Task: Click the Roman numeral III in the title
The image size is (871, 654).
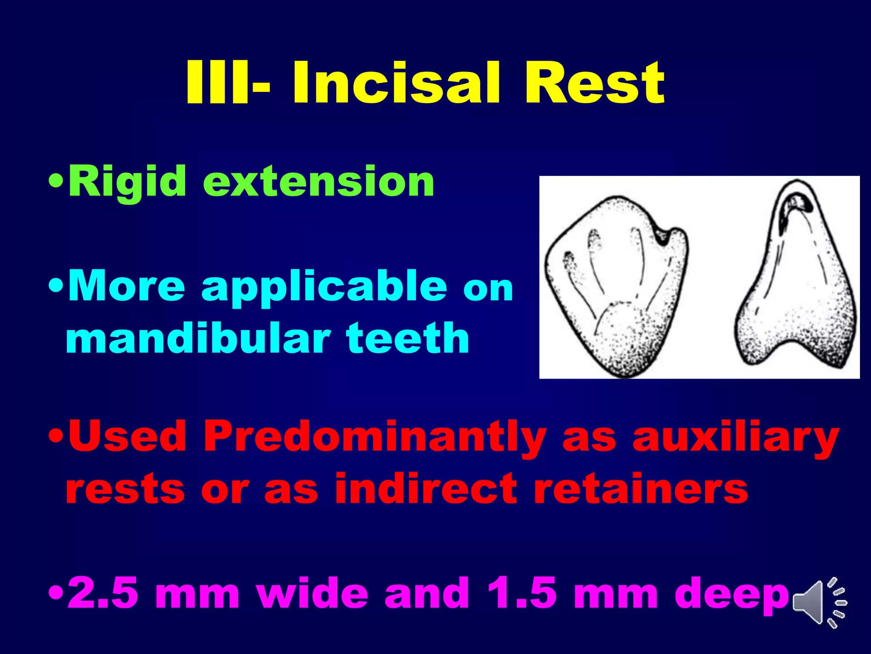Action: [x=217, y=83]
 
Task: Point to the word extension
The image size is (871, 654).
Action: [x=319, y=182]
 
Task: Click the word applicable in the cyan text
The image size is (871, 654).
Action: [x=324, y=286]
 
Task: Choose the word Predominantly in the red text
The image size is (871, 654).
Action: [x=374, y=436]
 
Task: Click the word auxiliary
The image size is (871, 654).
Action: [x=736, y=436]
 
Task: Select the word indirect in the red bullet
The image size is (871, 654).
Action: [x=425, y=488]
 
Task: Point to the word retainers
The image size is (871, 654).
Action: [x=640, y=488]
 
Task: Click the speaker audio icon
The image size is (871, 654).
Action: [x=819, y=602]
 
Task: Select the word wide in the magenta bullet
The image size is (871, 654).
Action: [x=313, y=593]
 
